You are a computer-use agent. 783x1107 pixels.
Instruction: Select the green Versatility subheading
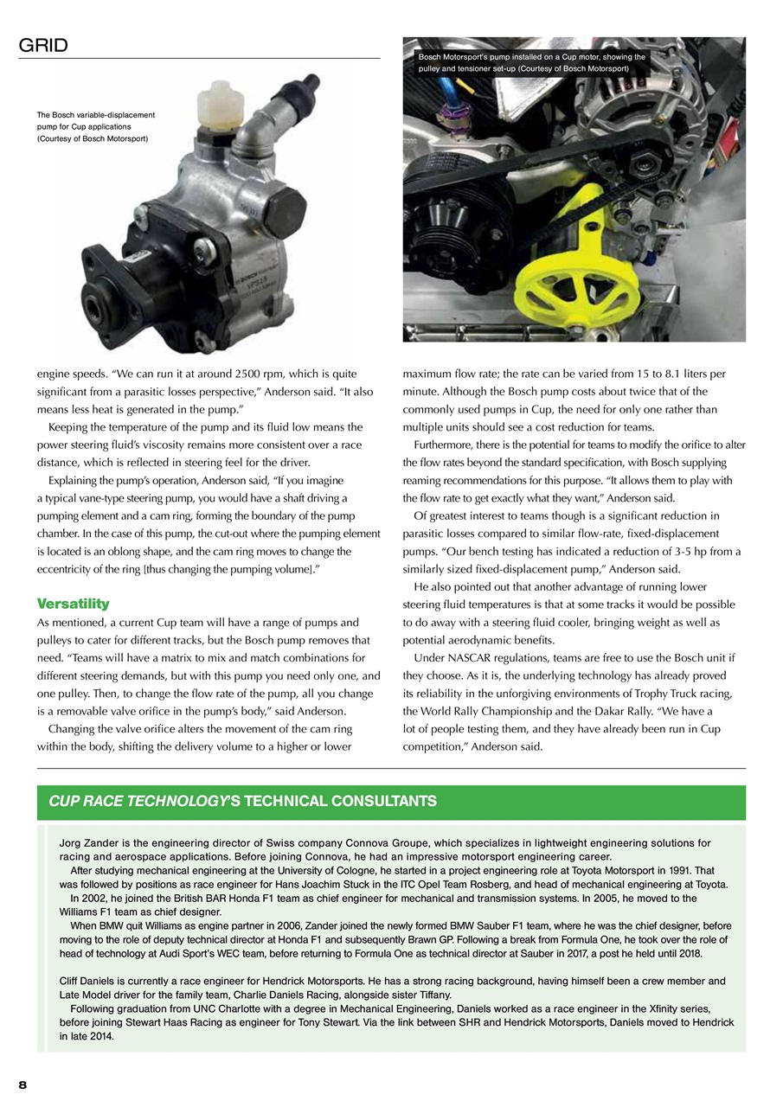pos(74,603)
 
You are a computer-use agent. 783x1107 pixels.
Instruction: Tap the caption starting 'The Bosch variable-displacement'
pos(95,126)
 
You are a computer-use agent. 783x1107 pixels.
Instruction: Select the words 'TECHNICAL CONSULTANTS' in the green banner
pos(340,802)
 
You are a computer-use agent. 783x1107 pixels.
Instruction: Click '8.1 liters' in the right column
pos(678,374)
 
